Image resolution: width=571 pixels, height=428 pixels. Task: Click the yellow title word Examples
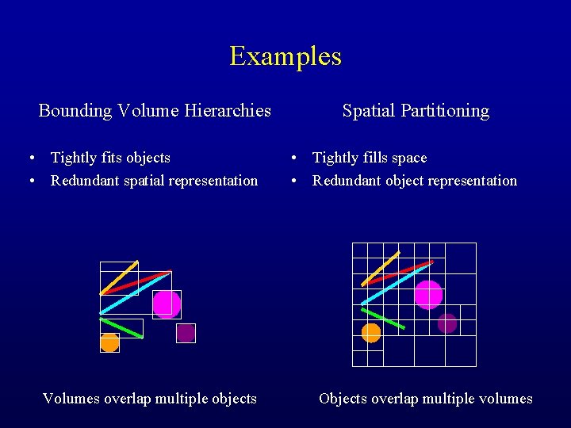pos(285,56)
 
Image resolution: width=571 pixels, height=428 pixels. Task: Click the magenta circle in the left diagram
pos(166,304)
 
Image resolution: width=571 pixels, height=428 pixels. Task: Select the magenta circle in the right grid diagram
pos(428,294)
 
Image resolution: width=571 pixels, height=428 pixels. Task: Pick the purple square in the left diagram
pos(186,333)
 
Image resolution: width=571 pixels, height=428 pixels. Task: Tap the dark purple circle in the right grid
pos(447,323)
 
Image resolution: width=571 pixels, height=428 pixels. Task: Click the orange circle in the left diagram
pos(109,342)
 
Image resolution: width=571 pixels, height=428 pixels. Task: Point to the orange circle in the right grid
pos(371,333)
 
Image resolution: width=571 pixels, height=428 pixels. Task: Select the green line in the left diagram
pos(121,328)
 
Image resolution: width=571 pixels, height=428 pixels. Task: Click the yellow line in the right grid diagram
pos(381,268)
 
